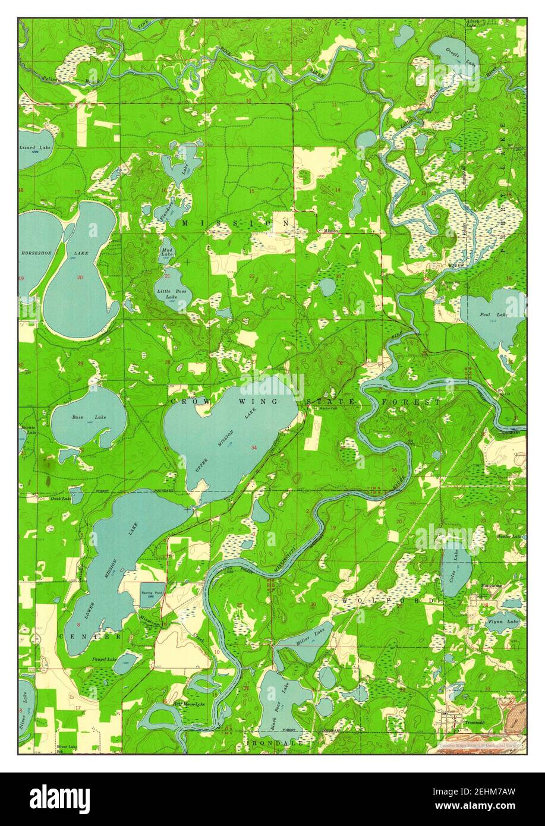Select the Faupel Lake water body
125,664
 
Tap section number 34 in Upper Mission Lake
254,447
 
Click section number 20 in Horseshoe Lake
80,278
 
